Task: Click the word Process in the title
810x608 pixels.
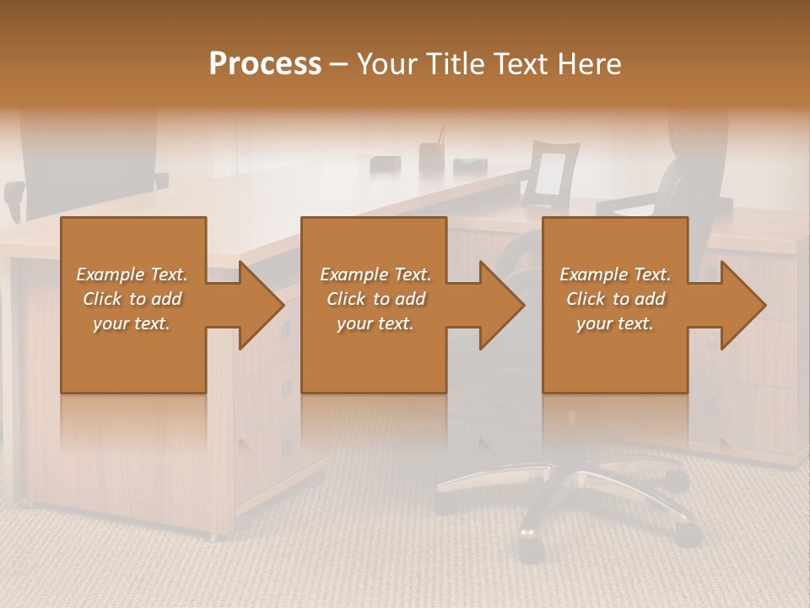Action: [265, 64]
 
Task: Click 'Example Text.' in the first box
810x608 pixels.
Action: [132, 274]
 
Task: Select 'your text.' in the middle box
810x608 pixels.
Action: [375, 323]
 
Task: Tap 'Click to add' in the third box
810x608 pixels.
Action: [615, 299]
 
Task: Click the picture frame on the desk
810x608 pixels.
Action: [550, 174]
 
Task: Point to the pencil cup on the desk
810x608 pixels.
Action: [432, 155]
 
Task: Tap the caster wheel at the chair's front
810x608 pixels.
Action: [531, 550]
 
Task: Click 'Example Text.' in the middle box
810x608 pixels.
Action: [375, 274]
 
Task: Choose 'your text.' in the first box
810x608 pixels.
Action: [132, 323]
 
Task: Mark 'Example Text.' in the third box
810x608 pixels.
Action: [615, 274]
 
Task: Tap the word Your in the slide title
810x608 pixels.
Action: [386, 64]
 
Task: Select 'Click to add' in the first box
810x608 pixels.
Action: [132, 299]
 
